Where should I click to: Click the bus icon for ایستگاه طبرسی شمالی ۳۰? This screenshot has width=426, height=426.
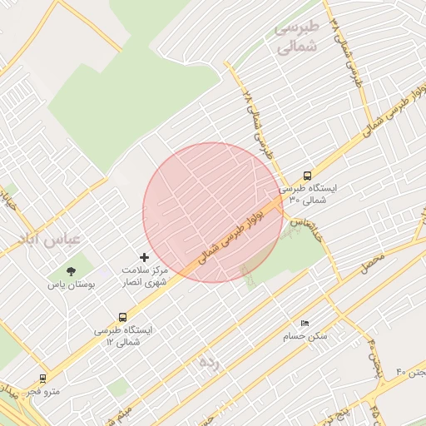(x=308, y=176)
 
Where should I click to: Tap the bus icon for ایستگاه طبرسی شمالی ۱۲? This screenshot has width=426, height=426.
(x=123, y=317)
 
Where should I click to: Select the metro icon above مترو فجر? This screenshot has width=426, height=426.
(x=42, y=378)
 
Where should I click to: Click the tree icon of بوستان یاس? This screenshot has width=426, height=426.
(x=71, y=270)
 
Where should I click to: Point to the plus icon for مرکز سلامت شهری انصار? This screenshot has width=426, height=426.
(x=144, y=258)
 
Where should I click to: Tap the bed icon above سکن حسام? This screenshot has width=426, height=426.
(x=305, y=323)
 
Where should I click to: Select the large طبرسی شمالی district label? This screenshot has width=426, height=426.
(x=297, y=37)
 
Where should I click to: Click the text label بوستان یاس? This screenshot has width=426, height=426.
(x=72, y=284)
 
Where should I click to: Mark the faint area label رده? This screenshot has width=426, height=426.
(x=208, y=363)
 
